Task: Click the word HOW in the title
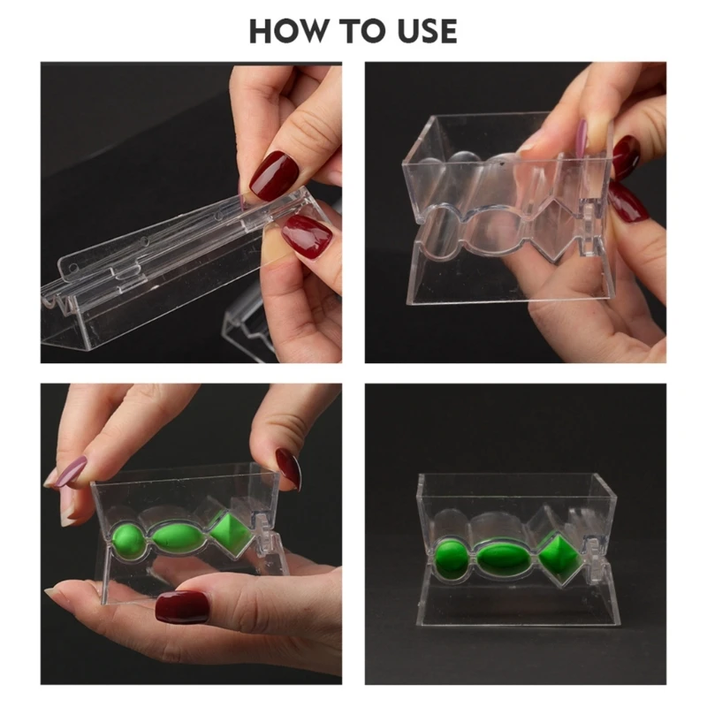pyautogui.click(x=289, y=31)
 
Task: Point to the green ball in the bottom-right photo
pyautogui.click(x=450, y=559)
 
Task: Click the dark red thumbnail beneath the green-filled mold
pyautogui.click(x=182, y=607)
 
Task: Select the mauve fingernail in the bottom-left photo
pyautogui.click(x=68, y=472)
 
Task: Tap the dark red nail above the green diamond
pyautogui.click(x=289, y=469)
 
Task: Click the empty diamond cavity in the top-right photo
pyautogui.click(x=555, y=230)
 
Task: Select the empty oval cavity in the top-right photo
pyautogui.click(x=496, y=230)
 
